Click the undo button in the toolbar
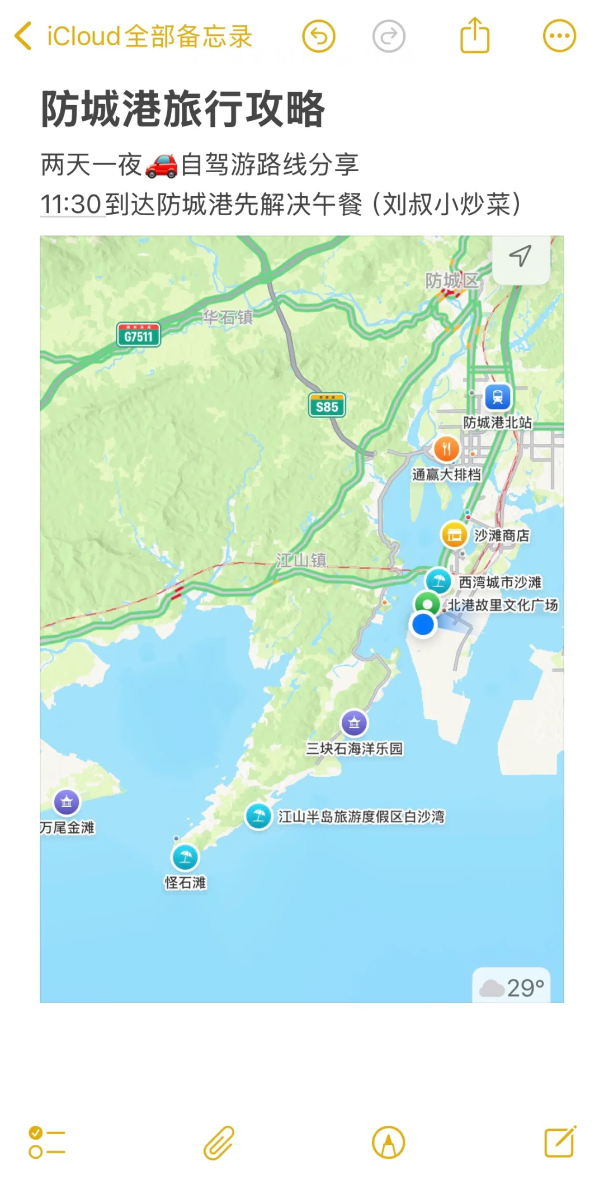[x=319, y=36]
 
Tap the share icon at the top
[x=474, y=36]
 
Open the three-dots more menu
[x=559, y=36]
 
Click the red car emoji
[x=161, y=165]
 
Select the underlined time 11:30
[x=71, y=205]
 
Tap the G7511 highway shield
[x=138, y=335]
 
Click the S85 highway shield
[x=327, y=406]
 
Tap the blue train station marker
[x=497, y=397]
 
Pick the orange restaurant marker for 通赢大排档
[x=446, y=449]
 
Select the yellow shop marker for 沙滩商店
[x=454, y=535]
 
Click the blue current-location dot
[x=423, y=624]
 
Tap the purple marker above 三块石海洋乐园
[x=354, y=723]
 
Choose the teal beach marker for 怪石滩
[x=185, y=857]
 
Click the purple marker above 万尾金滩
[x=67, y=803]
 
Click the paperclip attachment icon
[x=219, y=1143]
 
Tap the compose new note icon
[x=560, y=1142]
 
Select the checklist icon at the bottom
[x=46, y=1142]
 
